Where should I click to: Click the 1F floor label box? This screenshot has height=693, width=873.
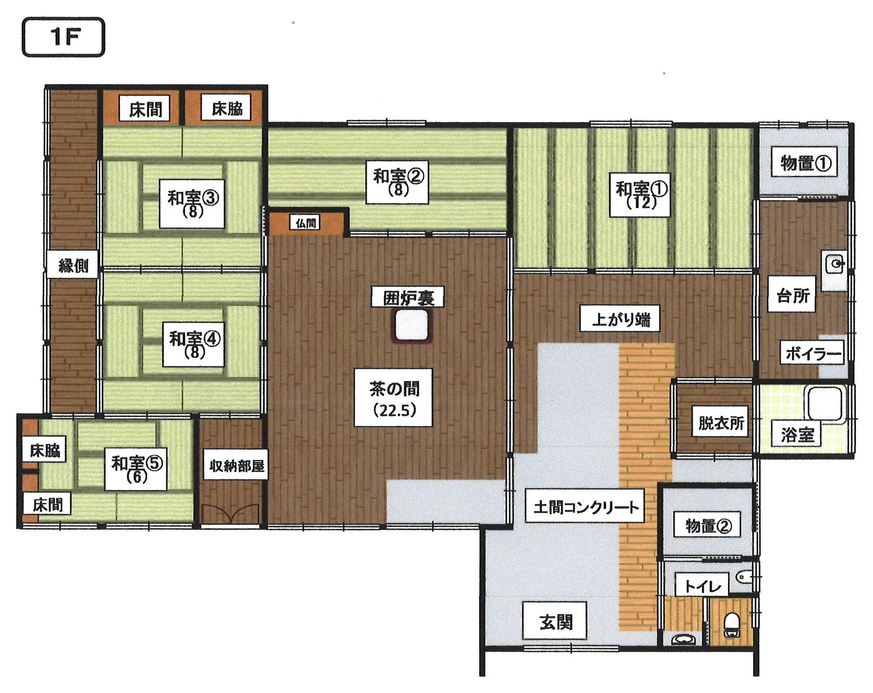[x=63, y=37]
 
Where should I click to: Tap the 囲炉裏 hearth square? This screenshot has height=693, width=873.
[x=412, y=326]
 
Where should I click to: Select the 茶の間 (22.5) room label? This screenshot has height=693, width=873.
[x=393, y=398]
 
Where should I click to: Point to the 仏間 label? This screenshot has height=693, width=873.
[x=306, y=222]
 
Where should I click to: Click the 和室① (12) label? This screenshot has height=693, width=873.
[x=640, y=195]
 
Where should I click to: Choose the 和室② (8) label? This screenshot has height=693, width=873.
[x=397, y=182]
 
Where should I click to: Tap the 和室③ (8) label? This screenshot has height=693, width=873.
[x=192, y=204]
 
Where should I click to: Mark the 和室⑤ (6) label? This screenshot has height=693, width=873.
[x=136, y=469]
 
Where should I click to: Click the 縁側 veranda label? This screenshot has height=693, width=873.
[x=73, y=265]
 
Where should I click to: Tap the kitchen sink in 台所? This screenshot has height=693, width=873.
[x=834, y=271]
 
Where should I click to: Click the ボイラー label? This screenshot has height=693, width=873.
[x=812, y=353]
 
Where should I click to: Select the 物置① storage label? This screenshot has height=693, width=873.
[x=804, y=162]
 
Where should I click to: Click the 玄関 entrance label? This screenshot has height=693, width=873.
[x=555, y=621]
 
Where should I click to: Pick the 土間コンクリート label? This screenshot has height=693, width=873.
[x=585, y=506]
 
